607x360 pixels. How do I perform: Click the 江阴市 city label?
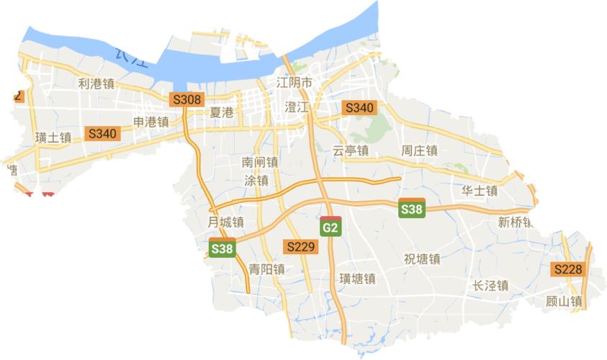295,83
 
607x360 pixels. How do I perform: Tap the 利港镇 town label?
96,84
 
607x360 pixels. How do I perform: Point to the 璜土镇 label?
53,137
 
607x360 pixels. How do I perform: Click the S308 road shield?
186,99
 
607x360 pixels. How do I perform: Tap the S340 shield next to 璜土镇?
101,133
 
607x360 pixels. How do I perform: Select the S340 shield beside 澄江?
359,107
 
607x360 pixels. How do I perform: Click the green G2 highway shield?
330,228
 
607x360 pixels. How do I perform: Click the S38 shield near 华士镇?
412,210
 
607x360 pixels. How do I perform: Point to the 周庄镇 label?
419,150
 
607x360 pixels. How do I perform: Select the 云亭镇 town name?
351,150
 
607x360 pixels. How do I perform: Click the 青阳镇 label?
266,269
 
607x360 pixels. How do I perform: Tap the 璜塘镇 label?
358,279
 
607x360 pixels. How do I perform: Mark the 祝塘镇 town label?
422,259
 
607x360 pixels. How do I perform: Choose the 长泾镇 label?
490,286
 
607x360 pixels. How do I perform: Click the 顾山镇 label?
564,302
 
